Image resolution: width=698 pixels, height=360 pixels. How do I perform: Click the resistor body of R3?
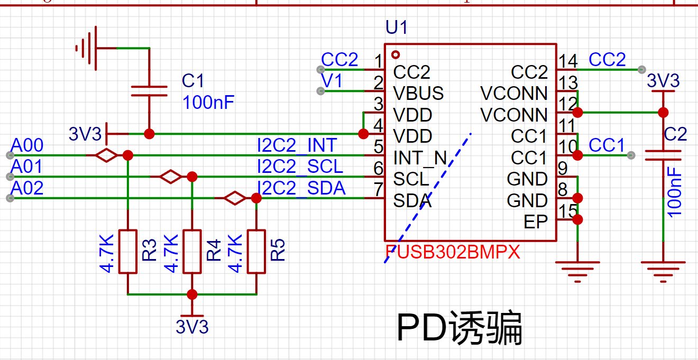pos(128,252)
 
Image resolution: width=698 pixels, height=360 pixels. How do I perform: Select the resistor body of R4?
pos(192,252)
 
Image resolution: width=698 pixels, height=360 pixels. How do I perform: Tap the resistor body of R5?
pos(256,252)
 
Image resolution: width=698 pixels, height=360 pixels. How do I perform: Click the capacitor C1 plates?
pos(149,91)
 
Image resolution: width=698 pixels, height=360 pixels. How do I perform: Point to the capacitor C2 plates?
pos(663,155)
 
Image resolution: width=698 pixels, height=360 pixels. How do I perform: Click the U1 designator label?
pos(397,27)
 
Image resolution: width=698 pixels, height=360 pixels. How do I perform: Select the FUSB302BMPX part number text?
pos(453,252)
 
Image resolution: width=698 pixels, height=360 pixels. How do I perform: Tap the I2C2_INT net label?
pos(297,145)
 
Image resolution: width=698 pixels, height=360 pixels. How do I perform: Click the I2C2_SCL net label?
pos(300,167)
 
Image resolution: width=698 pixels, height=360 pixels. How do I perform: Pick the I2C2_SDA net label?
pos(301,188)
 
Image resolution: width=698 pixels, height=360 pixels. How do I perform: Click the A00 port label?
pos(27,145)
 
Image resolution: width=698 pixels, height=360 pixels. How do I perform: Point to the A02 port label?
pos(27,188)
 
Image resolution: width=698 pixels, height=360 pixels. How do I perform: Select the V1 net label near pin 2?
pos(332,81)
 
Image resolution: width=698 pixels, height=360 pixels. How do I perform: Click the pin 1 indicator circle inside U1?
pos(396,55)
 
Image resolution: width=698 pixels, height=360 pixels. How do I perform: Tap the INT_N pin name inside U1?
pos(420,158)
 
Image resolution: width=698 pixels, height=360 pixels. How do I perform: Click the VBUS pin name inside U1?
pos(418,93)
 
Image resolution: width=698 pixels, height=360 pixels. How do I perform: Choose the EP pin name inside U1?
pos(536,222)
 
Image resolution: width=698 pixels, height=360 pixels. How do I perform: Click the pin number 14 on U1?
pos(568,61)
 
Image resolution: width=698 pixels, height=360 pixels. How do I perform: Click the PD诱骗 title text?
pos(460,328)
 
